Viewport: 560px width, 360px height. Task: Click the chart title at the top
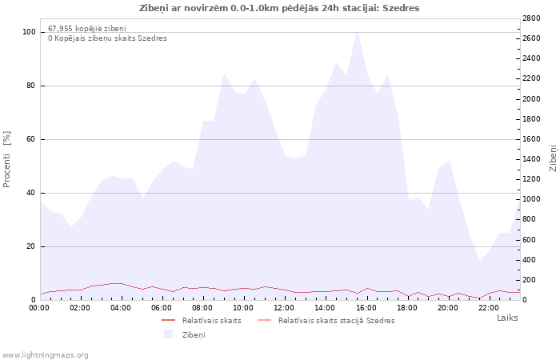[x=279, y=8]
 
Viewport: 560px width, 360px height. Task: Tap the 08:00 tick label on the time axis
[x=202, y=308]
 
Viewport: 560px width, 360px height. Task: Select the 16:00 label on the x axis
[x=366, y=308]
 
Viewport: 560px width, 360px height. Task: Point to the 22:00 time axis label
[x=489, y=308]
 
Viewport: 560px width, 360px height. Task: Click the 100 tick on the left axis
[x=29, y=32]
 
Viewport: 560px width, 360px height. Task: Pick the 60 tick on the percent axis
[x=30, y=139]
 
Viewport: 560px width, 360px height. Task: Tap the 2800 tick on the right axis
[x=531, y=18]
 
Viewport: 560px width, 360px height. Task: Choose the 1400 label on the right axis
[x=531, y=159]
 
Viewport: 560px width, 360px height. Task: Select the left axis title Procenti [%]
[x=6, y=159]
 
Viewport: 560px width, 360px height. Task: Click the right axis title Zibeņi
[x=554, y=158]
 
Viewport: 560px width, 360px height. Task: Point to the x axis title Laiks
[x=507, y=318]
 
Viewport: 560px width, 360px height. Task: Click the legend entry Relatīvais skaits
[x=211, y=320]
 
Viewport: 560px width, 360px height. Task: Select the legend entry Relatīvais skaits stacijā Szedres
[x=337, y=320]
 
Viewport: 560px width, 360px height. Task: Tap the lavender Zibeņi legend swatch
[x=169, y=334]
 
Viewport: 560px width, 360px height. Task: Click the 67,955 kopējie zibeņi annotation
[x=87, y=28]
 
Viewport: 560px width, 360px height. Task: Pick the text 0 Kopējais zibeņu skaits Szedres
[x=107, y=38]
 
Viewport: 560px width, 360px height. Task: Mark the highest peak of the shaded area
[x=357, y=30]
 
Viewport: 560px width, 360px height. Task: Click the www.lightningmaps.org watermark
[x=45, y=355]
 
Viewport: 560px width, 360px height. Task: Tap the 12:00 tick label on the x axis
[x=284, y=308]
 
